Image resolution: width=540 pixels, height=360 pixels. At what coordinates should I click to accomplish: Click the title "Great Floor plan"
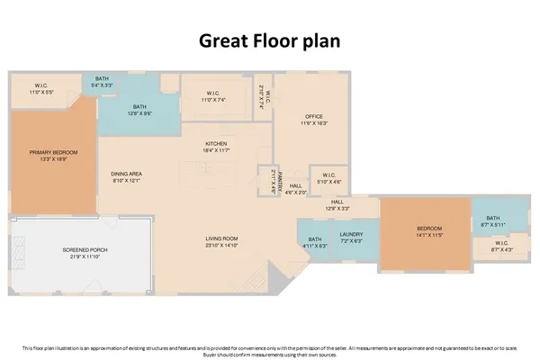(x=270, y=40)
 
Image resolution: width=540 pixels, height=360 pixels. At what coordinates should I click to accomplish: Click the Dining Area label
(x=127, y=175)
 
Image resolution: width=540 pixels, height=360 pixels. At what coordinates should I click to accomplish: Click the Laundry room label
(x=351, y=237)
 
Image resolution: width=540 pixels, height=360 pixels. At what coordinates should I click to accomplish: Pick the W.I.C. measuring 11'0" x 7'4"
(x=213, y=95)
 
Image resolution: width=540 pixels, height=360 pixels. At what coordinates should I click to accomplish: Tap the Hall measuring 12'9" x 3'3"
(x=337, y=205)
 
